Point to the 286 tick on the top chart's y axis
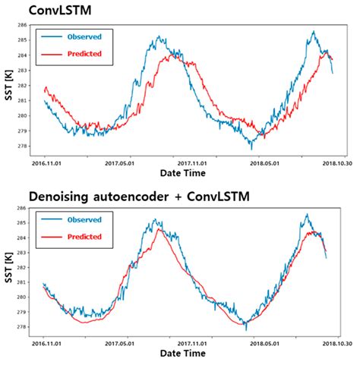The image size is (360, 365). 30,25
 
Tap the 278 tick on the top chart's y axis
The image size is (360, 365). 30,146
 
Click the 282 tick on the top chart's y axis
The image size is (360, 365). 30,85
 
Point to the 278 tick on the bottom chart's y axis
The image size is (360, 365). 30,326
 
